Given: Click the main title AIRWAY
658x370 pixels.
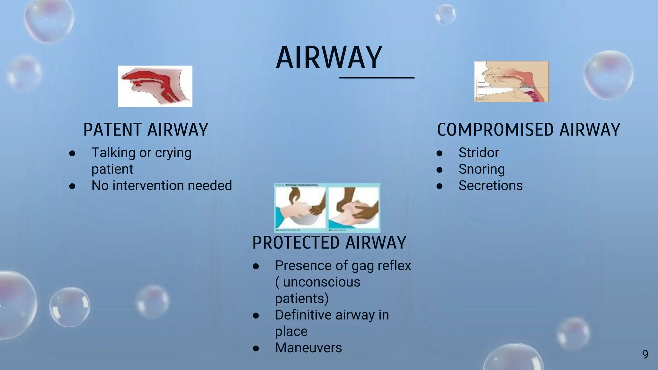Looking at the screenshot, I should click(329, 58).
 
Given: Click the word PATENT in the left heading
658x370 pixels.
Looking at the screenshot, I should click(112, 130).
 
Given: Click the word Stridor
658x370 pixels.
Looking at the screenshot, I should click(478, 153).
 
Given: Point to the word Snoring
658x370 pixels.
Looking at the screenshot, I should click(481, 169).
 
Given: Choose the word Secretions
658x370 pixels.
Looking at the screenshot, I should click(490, 186).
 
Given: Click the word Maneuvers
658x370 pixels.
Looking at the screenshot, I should click(308, 348).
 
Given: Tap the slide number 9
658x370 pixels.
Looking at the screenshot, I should click(645, 354).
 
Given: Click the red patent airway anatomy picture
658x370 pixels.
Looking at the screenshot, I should click(155, 86).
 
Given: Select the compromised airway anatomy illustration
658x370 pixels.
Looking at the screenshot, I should click(511, 82).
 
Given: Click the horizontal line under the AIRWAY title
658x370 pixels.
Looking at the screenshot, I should click(377, 78).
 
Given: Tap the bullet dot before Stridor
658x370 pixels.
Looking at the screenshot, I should click(440, 153).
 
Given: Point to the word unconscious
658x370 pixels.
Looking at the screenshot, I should click(321, 282).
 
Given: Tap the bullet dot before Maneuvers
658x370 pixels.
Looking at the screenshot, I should click(256, 348).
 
